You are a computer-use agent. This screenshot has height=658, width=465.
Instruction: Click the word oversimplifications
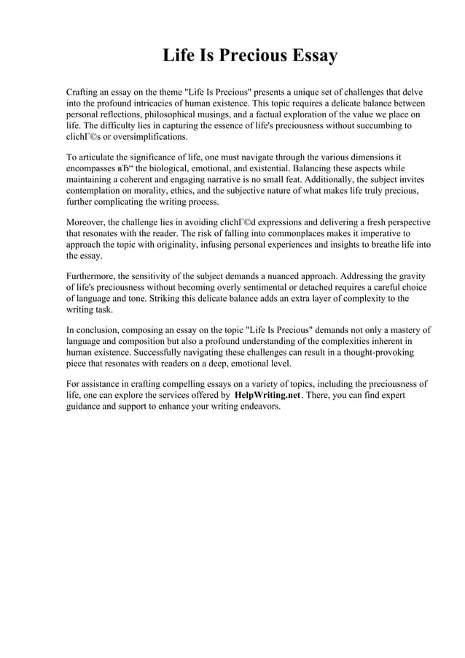tap(141, 136)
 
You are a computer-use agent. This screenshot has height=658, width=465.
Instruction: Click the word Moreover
tap(85, 222)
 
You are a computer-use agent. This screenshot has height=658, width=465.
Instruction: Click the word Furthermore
tap(91, 276)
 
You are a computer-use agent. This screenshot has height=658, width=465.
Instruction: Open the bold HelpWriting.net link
tap(267, 395)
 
